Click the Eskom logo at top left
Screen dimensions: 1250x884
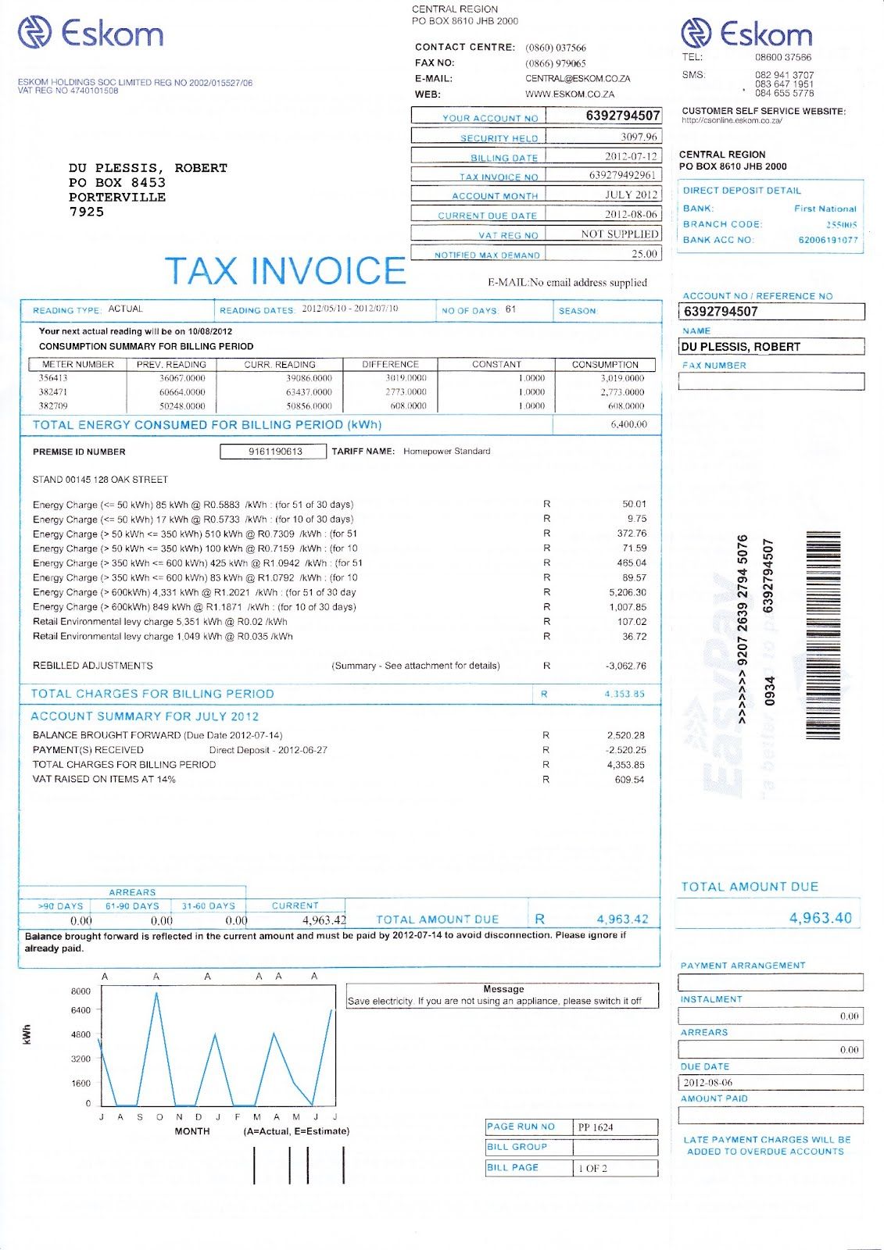pyautogui.click(x=91, y=34)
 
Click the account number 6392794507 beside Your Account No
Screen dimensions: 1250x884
pyautogui.click(x=622, y=116)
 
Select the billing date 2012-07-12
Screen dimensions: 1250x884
pyautogui.click(x=631, y=156)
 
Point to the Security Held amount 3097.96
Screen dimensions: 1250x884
pyautogui.click(x=639, y=137)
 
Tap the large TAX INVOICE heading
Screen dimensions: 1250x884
pyautogui.click(x=285, y=271)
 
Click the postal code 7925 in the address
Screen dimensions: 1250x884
pyautogui.click(x=86, y=212)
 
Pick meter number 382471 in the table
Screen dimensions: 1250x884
pyautogui.click(x=53, y=392)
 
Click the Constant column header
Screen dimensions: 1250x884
pyautogui.click(x=496, y=365)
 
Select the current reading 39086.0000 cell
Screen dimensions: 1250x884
pyautogui.click(x=310, y=378)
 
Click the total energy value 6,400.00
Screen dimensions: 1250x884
pyautogui.click(x=628, y=424)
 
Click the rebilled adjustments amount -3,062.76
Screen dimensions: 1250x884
pyautogui.click(x=625, y=666)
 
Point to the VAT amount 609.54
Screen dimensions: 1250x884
pyautogui.click(x=629, y=780)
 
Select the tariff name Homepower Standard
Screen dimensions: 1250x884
pyautogui.click(x=446, y=452)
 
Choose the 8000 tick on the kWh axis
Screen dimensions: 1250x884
pyautogui.click(x=81, y=991)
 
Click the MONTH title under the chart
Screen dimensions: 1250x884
pyautogui.click(x=192, y=1131)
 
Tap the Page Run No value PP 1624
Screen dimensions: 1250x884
pyautogui.click(x=596, y=1127)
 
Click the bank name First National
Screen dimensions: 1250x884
pyautogui.click(x=825, y=209)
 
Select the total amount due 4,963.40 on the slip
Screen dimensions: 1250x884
pyautogui.click(x=820, y=918)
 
